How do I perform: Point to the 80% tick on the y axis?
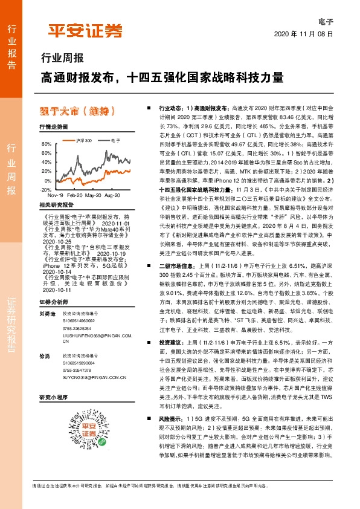pos(47,144)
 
